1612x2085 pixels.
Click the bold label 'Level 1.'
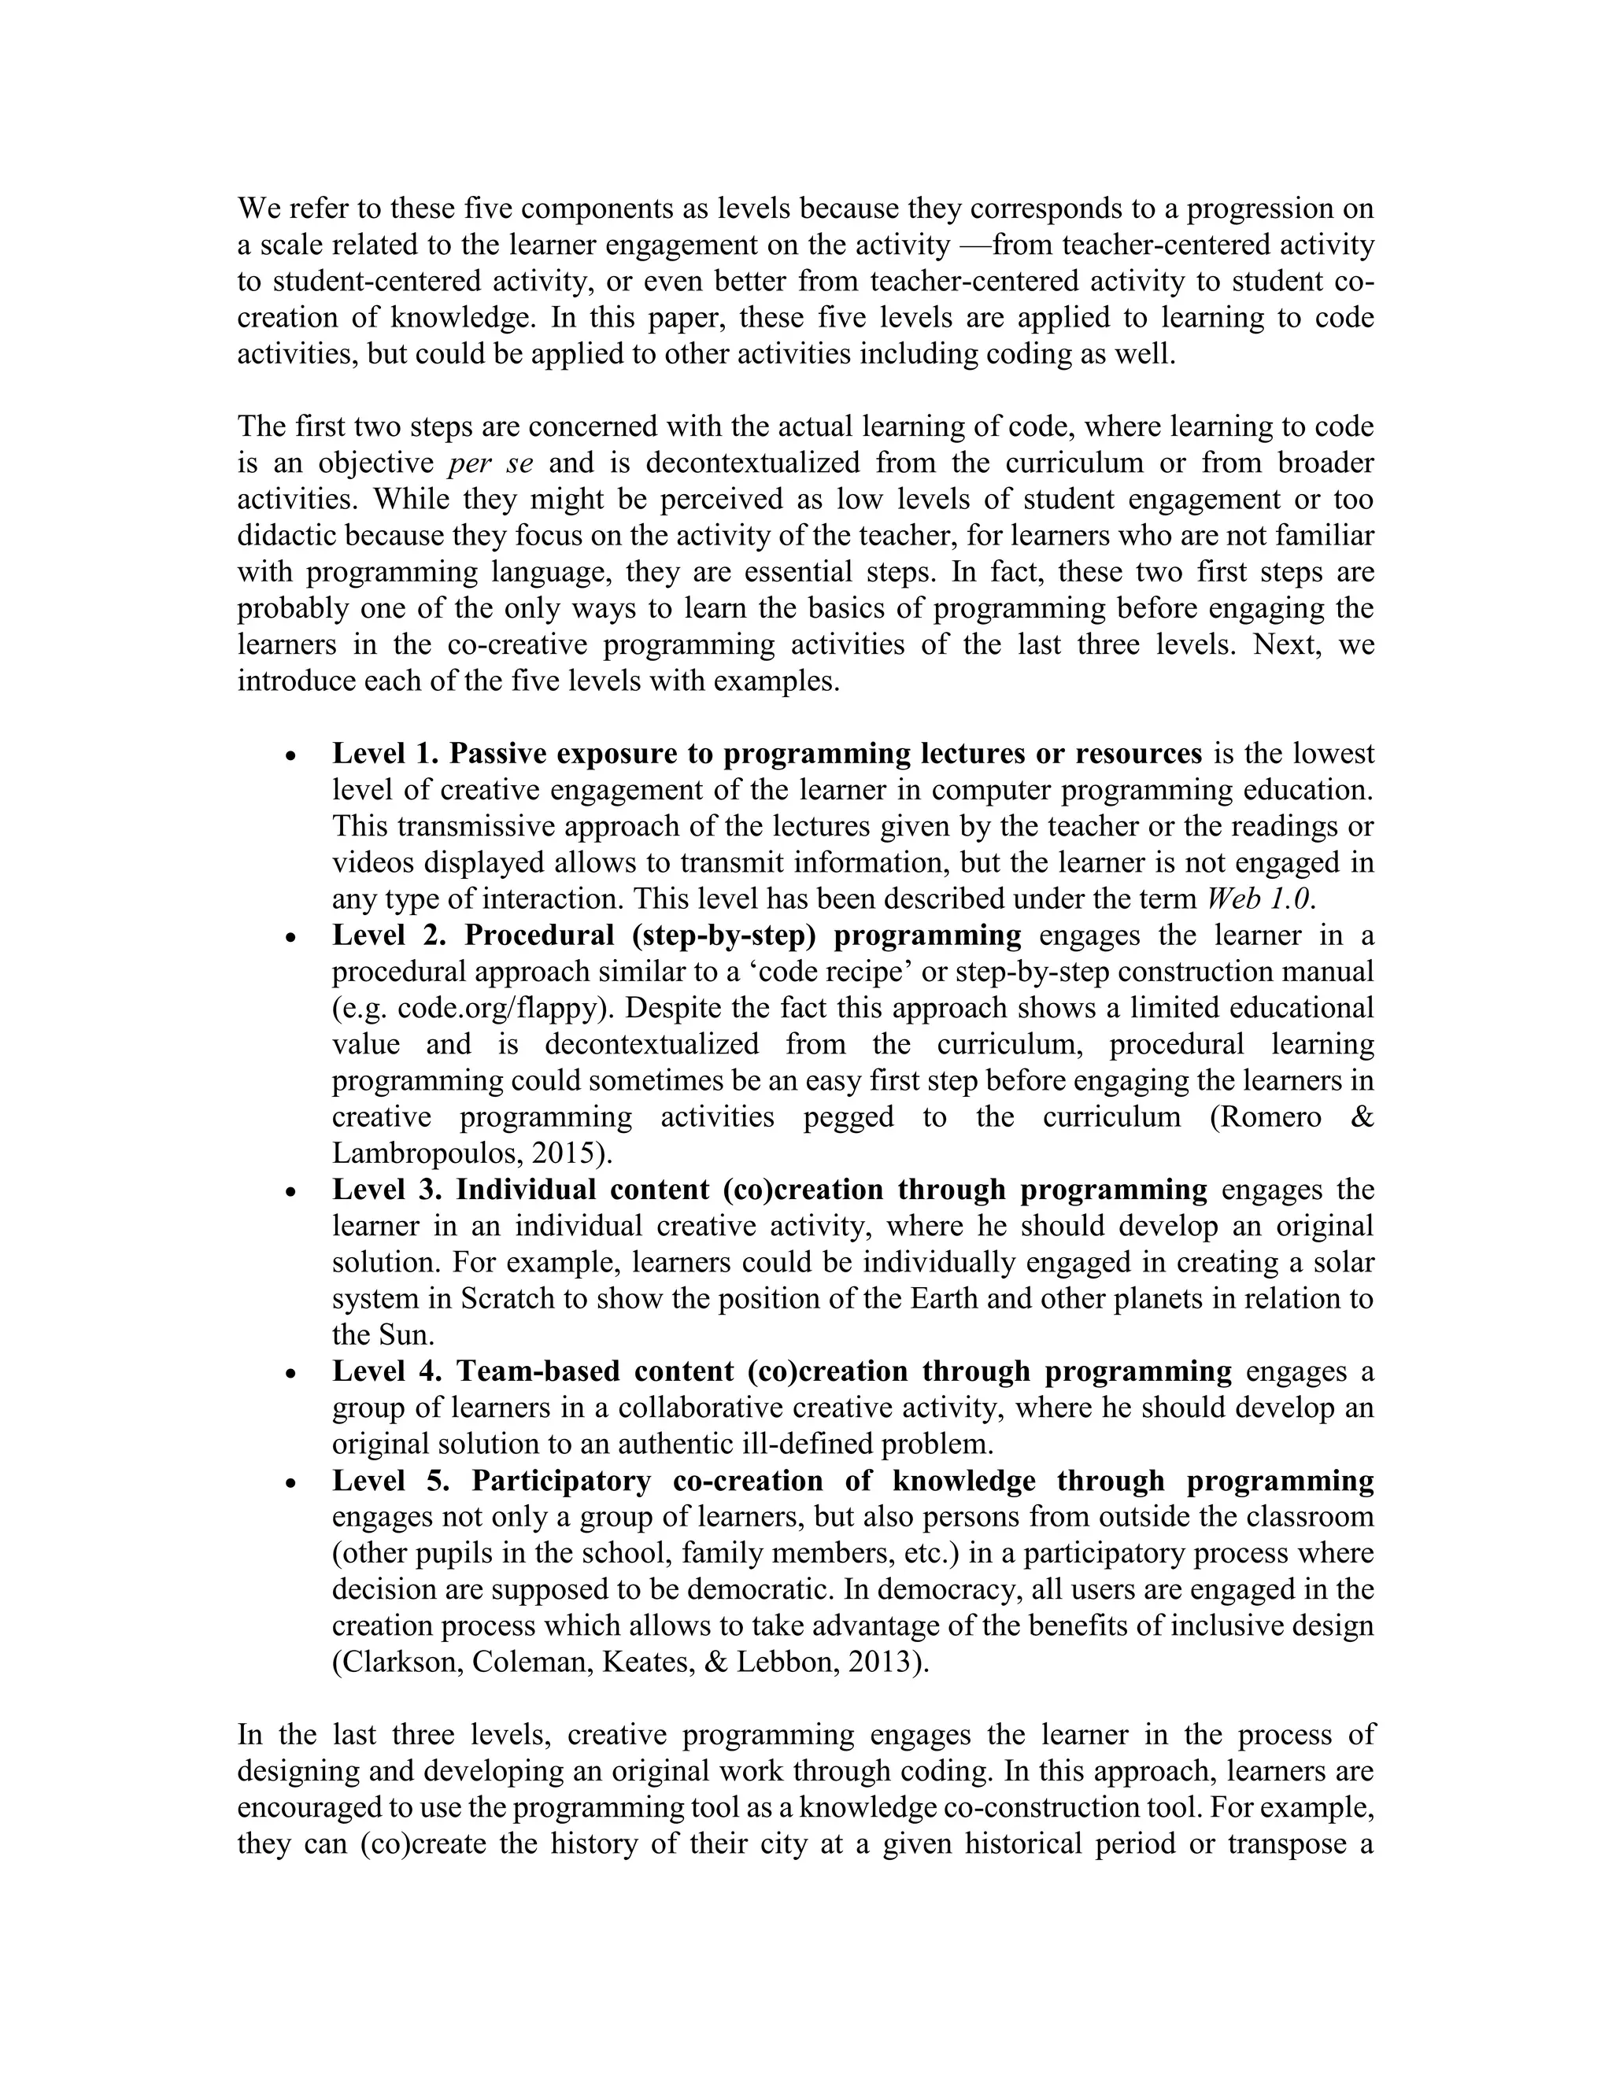click(385, 755)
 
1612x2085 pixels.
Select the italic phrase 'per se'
click(490, 463)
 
